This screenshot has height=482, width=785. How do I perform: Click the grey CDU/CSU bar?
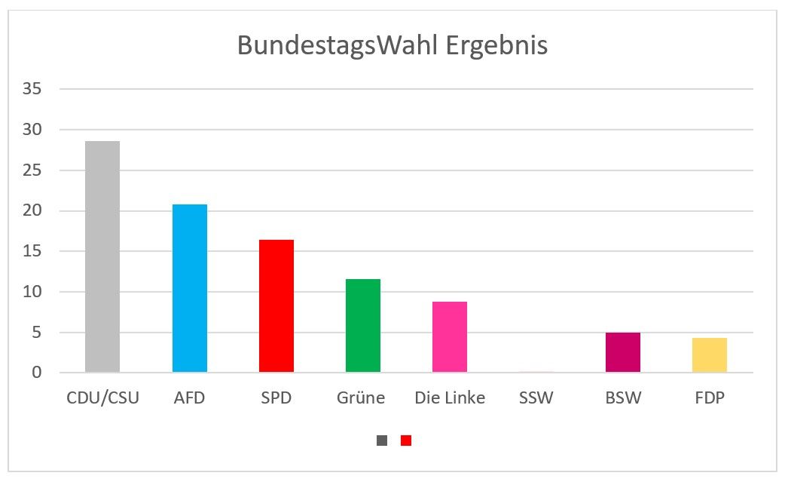(102, 256)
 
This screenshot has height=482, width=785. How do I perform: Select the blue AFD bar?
(189, 288)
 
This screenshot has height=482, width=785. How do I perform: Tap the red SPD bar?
(276, 305)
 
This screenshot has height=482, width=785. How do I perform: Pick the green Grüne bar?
(363, 325)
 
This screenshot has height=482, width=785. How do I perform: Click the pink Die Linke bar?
(450, 336)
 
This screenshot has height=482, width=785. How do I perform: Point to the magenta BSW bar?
(623, 352)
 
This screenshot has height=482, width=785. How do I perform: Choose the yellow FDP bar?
(710, 355)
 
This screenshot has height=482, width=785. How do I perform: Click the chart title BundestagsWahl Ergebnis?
(392, 45)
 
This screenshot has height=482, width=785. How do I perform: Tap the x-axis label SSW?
(536, 398)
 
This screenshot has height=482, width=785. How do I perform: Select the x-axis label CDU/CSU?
(102, 398)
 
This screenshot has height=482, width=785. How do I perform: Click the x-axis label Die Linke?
(450, 398)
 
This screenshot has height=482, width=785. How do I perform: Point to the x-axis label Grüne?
(361, 398)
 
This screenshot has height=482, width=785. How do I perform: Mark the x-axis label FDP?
(710, 398)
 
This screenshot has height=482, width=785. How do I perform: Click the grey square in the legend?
(382, 441)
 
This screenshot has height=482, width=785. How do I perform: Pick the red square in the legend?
(406, 441)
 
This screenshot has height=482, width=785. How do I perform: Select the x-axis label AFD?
(189, 398)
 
